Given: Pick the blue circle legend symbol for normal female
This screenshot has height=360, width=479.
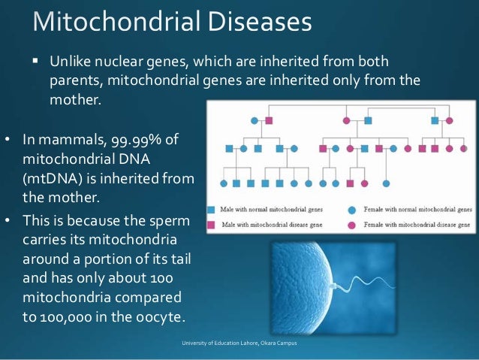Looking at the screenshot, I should coord(352,210).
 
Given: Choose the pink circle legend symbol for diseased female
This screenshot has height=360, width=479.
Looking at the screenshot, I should coord(352,225).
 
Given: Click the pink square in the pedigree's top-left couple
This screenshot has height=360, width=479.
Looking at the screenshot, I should coord(269,120).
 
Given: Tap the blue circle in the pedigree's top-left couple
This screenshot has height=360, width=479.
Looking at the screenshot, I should coord(255,120).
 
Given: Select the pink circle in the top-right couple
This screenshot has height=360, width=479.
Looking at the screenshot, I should coord(450,120).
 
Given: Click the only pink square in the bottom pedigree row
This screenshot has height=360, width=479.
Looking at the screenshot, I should coord(350,183).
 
